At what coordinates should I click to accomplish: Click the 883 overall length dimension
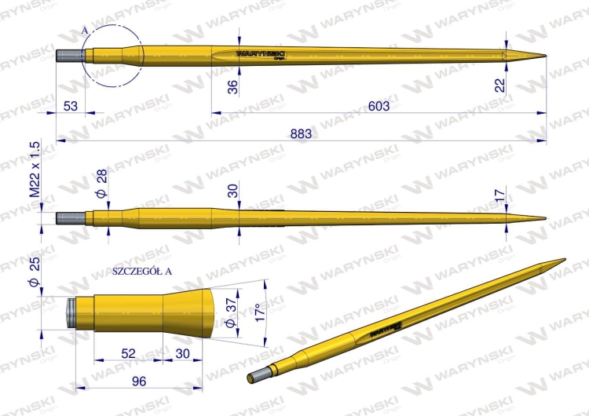[x=300, y=134]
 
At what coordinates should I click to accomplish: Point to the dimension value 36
[x=232, y=87]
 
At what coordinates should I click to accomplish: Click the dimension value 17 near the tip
[x=500, y=193]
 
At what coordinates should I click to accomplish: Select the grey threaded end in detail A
[x=71, y=312]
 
